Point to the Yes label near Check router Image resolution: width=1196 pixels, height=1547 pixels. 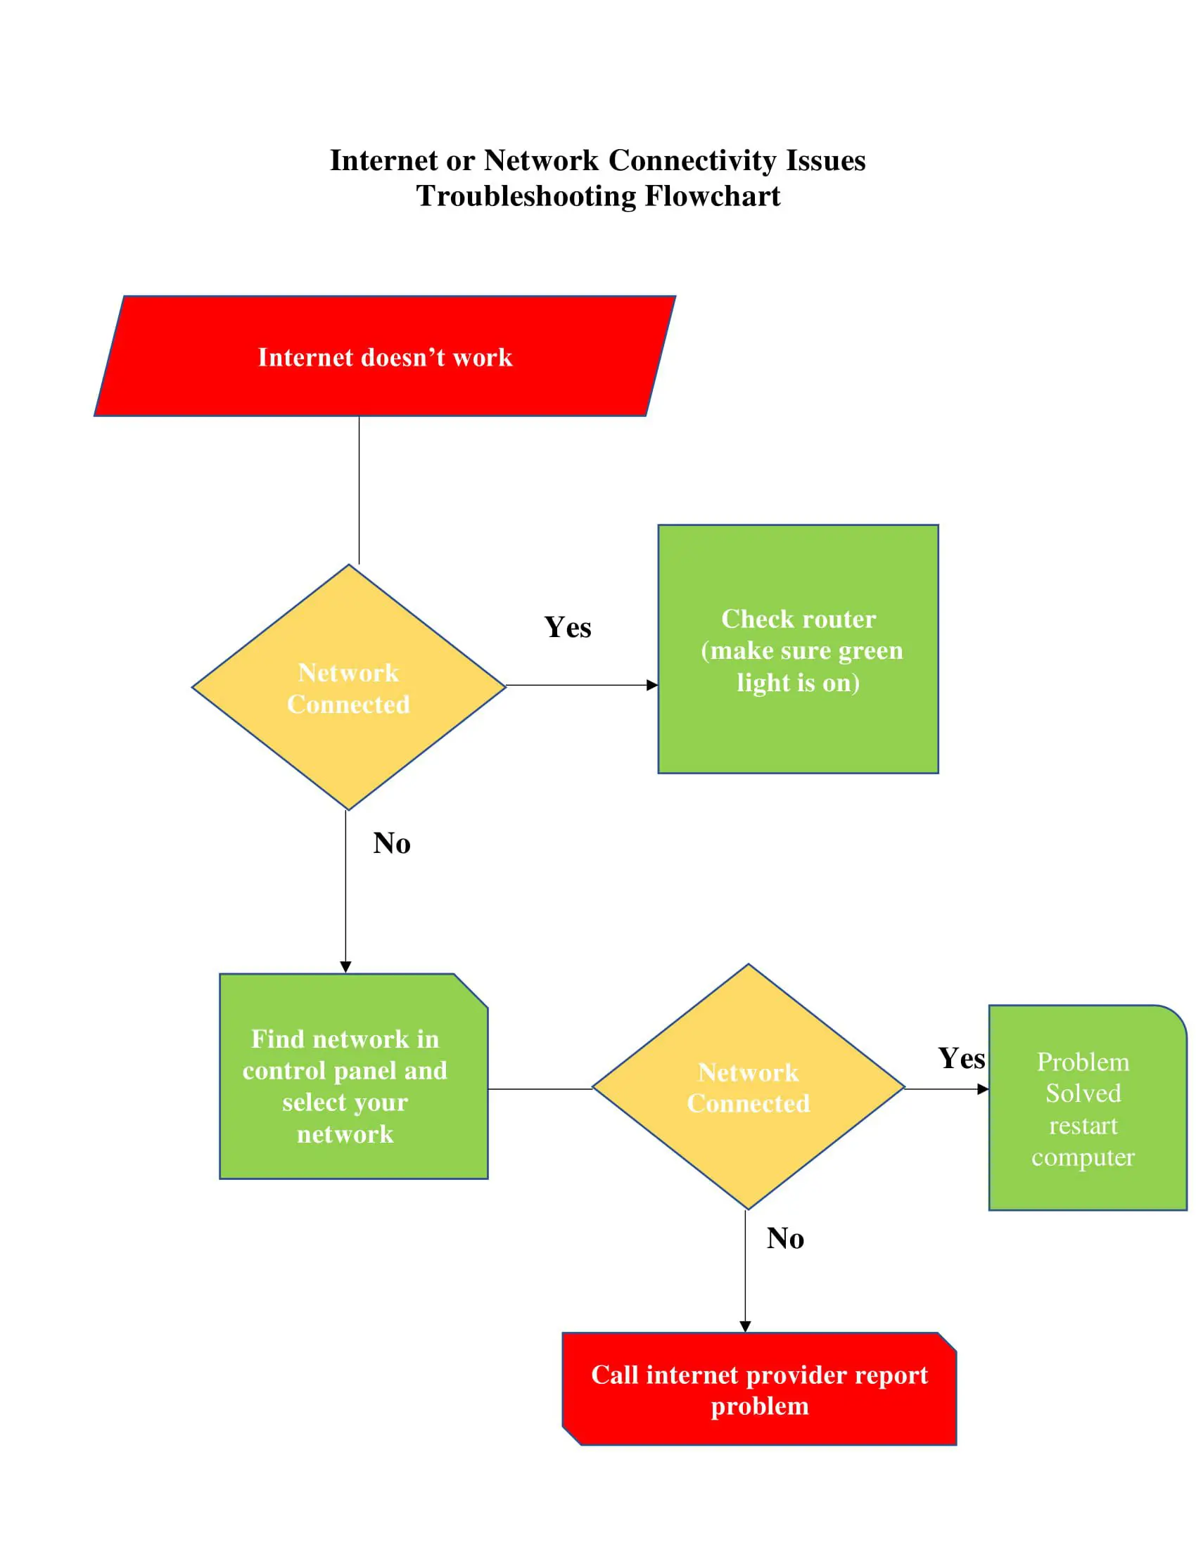click(x=568, y=627)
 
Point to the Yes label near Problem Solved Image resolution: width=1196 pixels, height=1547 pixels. click(x=961, y=1058)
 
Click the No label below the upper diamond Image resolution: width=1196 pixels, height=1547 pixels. click(x=391, y=844)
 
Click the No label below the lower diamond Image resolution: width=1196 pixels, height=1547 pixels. click(x=785, y=1239)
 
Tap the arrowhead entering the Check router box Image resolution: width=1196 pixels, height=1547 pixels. click(x=653, y=685)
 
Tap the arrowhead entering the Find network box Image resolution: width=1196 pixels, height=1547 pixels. click(x=345, y=967)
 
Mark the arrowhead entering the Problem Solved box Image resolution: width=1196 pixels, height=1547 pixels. click(x=983, y=1089)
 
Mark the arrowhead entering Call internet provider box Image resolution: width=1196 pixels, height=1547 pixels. click(x=745, y=1326)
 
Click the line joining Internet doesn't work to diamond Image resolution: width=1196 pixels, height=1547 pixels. click(x=360, y=489)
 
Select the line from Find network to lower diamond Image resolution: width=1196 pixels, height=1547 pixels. click(x=540, y=1089)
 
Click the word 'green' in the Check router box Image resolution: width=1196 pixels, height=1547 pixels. click(x=870, y=650)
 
